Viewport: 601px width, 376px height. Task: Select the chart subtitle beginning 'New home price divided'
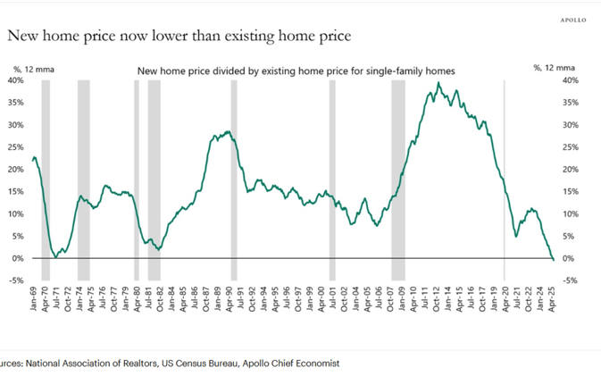[296, 71]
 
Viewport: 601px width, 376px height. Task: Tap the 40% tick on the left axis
[17, 80]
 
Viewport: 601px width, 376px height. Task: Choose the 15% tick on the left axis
[17, 192]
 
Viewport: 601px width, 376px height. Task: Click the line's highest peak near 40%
[438, 83]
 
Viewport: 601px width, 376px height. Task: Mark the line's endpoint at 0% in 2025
[553, 259]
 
